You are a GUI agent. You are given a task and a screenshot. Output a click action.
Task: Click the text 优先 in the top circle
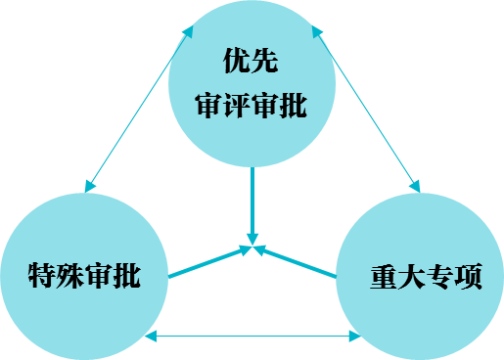tap(251, 61)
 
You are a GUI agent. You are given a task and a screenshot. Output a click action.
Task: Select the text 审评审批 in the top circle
tap(252, 105)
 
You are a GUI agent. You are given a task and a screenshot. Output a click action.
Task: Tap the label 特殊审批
tap(84, 276)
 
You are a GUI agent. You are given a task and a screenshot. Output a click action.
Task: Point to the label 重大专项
tap(426, 277)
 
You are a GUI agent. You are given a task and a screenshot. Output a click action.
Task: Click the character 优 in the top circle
tap(237, 61)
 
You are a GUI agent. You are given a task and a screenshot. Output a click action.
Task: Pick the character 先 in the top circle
tap(264, 61)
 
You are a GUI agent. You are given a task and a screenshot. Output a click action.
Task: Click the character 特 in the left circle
tap(42, 276)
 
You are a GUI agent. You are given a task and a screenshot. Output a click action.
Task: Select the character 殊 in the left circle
tap(70, 276)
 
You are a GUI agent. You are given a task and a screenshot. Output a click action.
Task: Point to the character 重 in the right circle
tap(384, 277)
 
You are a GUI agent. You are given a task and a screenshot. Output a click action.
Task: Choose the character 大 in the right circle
tap(412, 277)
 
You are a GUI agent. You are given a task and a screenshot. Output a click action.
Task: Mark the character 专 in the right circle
tap(440, 277)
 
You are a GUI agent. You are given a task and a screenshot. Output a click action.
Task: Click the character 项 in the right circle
tap(469, 277)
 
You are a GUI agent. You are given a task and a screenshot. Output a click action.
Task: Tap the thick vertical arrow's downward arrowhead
tap(252, 239)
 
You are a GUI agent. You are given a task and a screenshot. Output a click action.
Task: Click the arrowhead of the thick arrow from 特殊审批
tap(246, 250)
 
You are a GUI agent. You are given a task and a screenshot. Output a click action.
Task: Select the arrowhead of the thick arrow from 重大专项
tap(260, 250)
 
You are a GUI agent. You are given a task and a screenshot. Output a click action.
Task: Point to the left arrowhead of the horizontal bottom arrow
tap(151, 336)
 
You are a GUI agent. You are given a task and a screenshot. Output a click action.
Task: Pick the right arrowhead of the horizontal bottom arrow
tap(355, 336)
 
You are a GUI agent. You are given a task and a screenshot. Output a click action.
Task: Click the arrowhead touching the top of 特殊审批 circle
tap(89, 186)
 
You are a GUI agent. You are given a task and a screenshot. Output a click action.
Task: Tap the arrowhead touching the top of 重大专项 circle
tap(415, 186)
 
